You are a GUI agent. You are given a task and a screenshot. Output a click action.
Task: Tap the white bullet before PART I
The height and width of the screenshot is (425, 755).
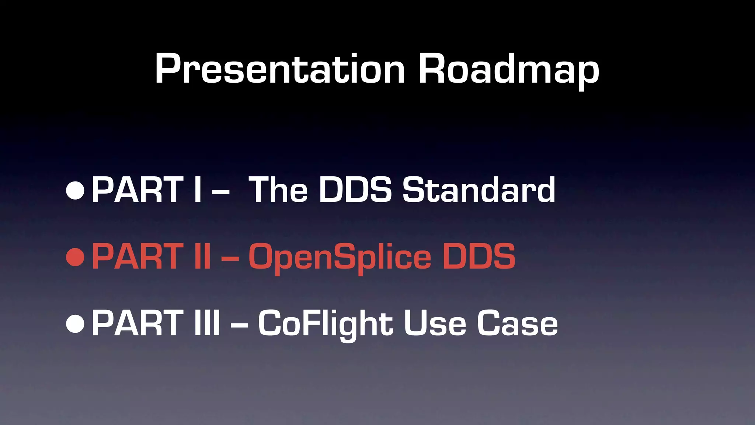coord(75,190)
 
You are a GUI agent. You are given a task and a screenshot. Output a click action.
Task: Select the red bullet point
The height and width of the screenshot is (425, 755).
coord(75,257)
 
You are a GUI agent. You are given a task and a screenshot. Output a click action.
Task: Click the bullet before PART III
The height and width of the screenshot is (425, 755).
coord(75,324)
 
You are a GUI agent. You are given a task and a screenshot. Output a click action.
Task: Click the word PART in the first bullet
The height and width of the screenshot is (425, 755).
coord(137,190)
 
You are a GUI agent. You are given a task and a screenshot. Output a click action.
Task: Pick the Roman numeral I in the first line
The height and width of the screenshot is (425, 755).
coord(198,190)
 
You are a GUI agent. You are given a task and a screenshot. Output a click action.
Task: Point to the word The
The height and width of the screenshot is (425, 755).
coord(278,190)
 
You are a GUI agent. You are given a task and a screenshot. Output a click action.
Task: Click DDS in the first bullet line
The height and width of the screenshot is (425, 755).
coord(355,190)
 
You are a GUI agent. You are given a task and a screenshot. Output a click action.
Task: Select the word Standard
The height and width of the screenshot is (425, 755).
coord(479,190)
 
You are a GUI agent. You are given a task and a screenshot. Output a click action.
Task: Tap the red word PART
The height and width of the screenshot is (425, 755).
coord(137,256)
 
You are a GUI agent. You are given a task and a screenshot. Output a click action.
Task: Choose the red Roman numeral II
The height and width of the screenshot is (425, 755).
coord(203,256)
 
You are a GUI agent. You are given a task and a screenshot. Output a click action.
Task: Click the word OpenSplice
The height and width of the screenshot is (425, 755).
coord(340,257)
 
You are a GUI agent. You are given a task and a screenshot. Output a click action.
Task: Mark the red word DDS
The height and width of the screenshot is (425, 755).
coord(479,256)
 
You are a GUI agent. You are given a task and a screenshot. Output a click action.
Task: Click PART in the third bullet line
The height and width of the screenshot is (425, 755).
coord(137,323)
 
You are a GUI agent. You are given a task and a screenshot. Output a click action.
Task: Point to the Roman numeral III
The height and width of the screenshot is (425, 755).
coord(207,323)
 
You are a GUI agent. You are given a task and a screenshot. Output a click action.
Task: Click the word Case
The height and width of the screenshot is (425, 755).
coord(517,323)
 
